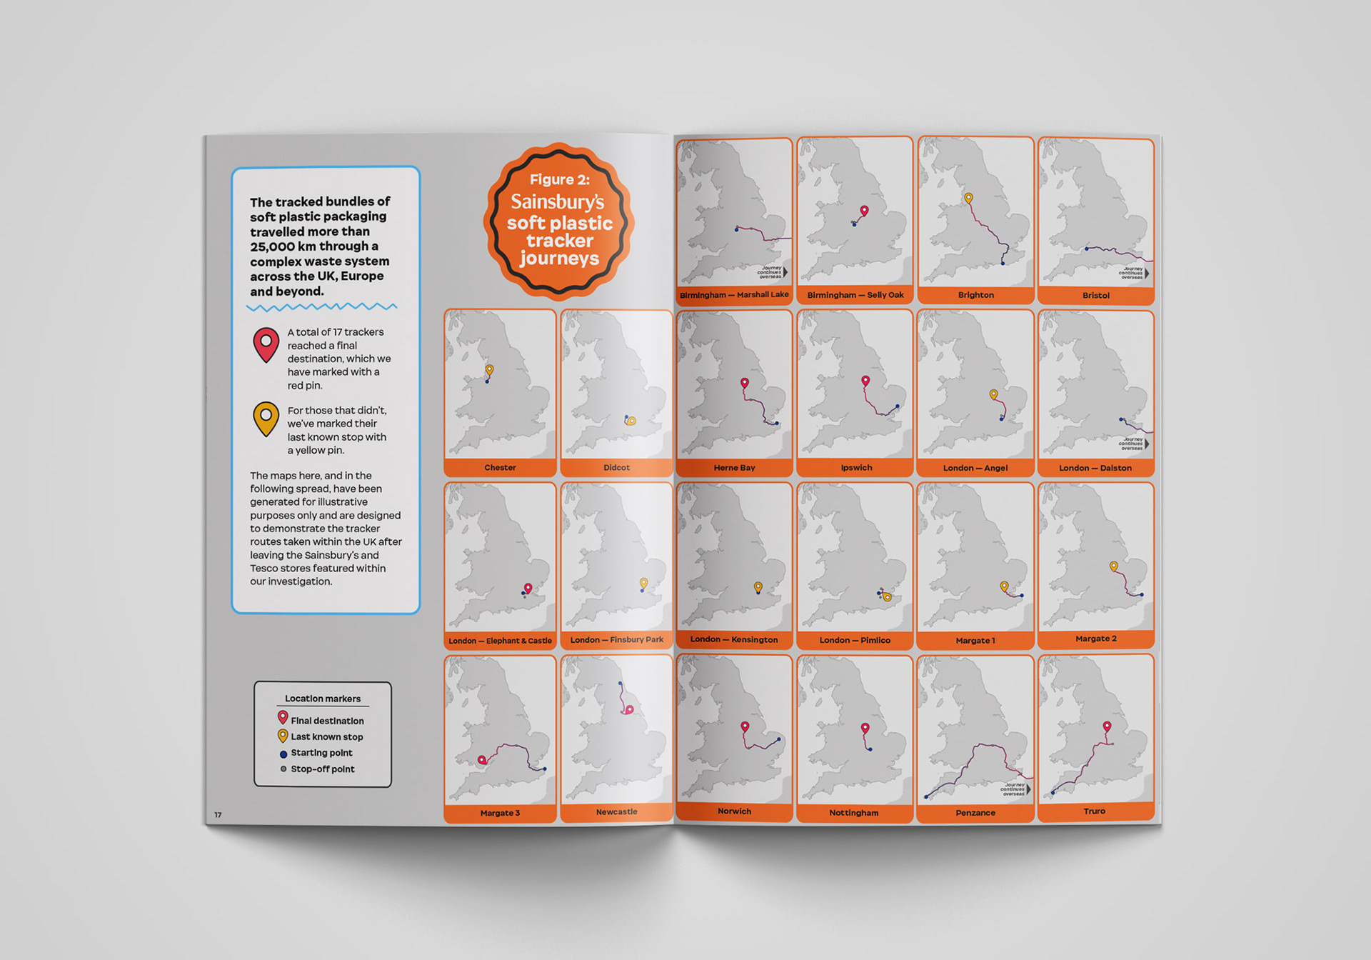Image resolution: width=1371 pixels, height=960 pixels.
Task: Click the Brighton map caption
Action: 975,295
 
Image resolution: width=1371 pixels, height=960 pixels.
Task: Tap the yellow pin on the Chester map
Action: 489,370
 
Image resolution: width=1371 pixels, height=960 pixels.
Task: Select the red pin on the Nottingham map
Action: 865,729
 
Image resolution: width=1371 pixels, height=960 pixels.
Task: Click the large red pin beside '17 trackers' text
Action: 266,344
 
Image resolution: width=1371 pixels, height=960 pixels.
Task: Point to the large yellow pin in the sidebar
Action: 266,418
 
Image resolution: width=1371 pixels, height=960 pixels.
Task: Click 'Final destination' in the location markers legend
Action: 327,721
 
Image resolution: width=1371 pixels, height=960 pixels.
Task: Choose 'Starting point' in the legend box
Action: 321,753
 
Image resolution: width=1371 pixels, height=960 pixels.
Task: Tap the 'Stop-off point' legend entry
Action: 322,769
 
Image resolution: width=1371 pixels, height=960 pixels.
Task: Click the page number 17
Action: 218,815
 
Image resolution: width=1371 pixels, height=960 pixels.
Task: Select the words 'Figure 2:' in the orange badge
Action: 560,180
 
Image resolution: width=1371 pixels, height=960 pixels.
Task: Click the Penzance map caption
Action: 975,813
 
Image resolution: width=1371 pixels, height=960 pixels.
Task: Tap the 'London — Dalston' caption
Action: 1095,468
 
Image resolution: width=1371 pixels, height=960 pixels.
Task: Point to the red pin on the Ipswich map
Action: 865,381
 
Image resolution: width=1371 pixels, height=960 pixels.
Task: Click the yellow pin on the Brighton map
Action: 968,198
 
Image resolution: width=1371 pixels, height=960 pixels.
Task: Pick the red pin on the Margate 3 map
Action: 482,761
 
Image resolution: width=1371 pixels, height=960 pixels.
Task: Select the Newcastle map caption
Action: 616,812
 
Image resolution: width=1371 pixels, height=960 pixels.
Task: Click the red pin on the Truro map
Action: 1107,727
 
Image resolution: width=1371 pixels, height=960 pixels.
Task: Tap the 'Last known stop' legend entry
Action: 326,737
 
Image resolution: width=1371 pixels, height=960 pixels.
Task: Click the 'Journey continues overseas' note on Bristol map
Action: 1131,273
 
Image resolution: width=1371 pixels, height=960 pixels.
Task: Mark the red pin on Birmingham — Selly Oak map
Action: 864,211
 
